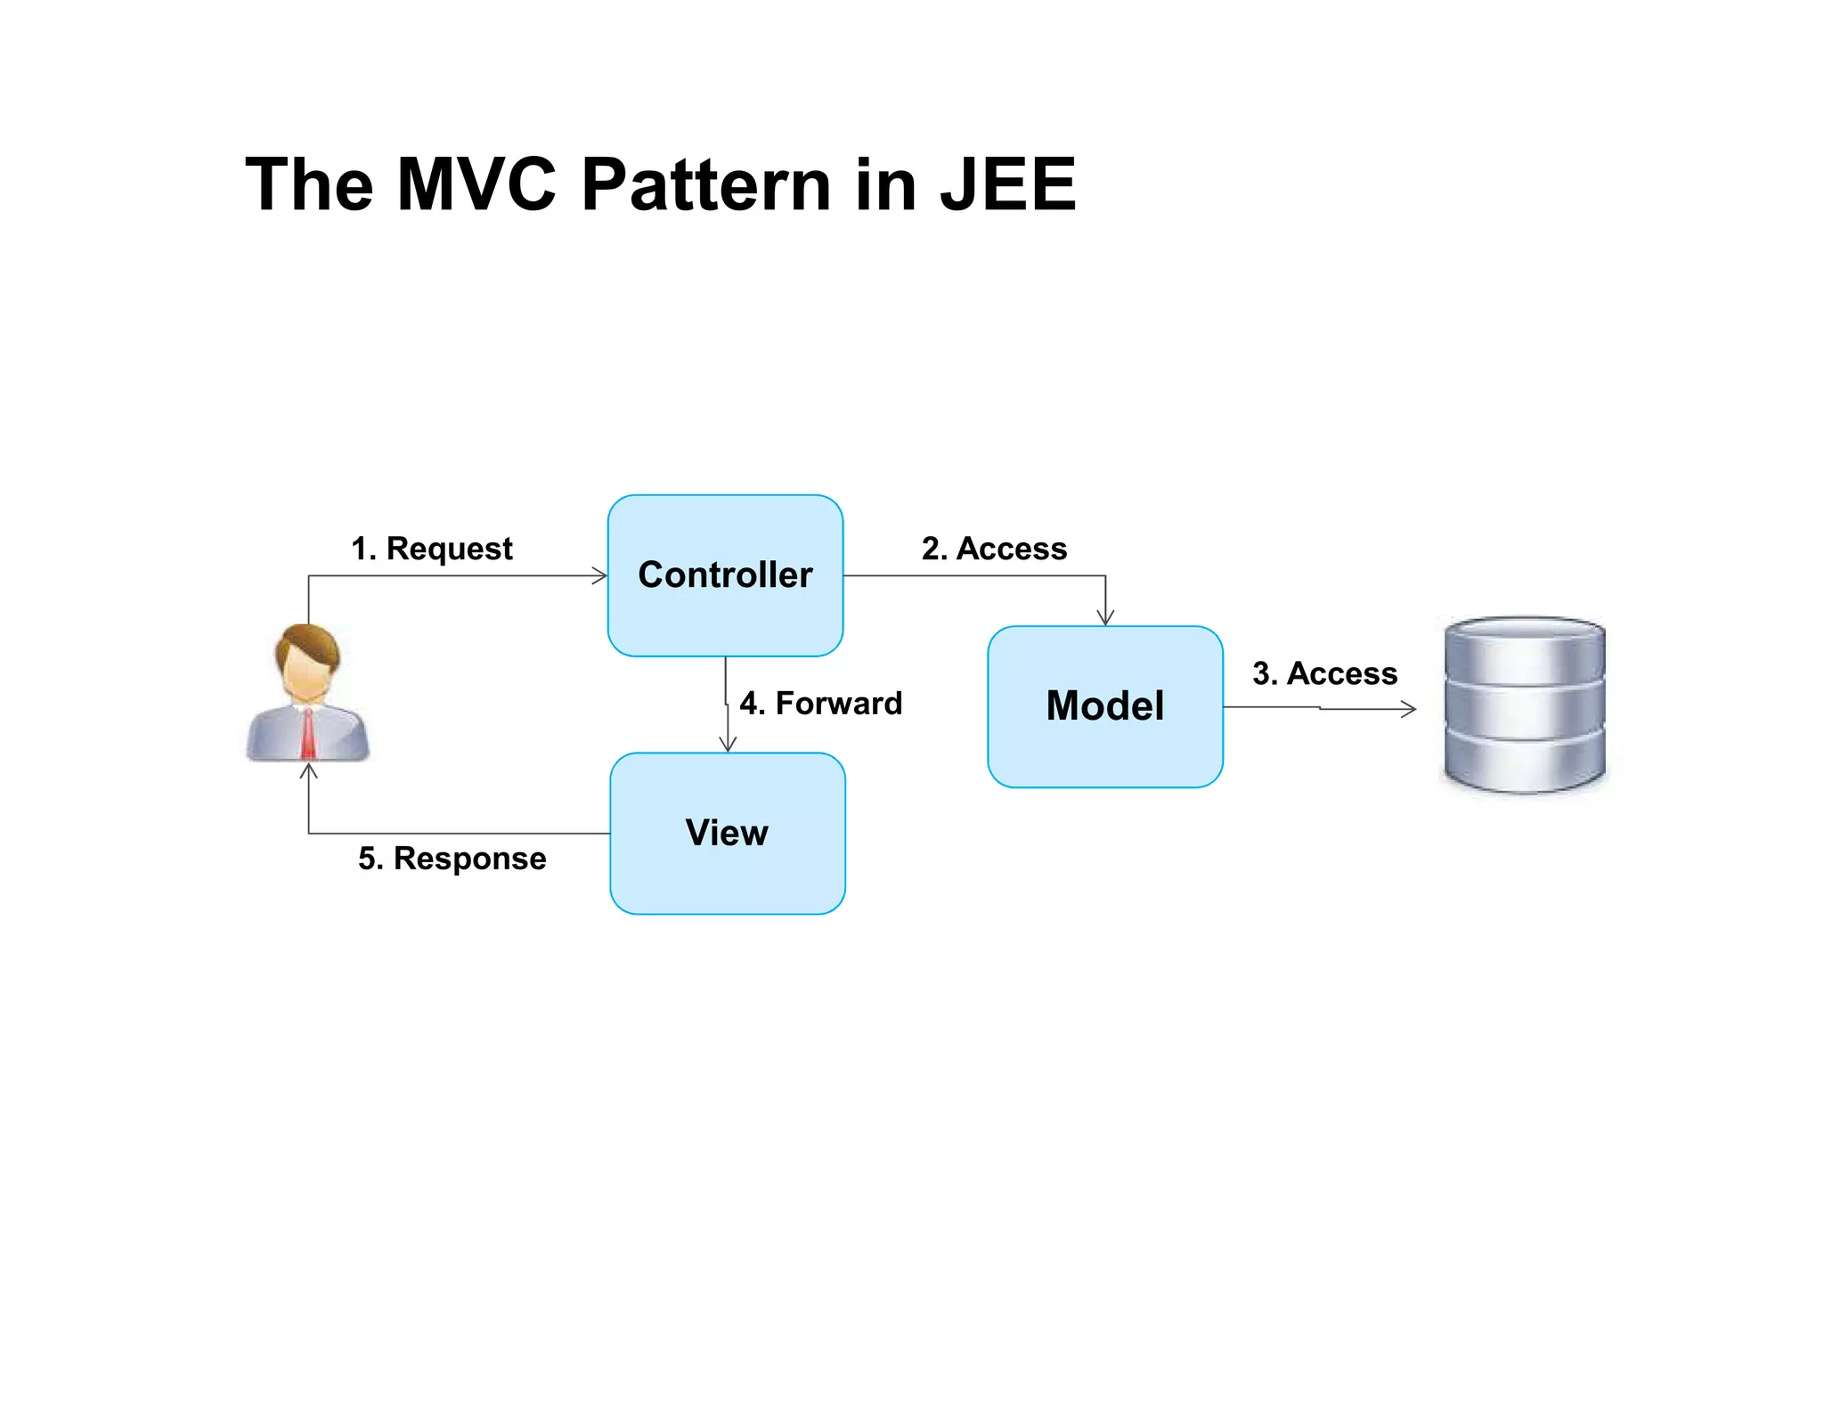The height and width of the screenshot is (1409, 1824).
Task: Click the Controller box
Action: point(725,575)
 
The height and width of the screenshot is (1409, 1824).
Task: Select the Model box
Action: point(1104,706)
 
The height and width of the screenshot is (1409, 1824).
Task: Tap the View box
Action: point(727,833)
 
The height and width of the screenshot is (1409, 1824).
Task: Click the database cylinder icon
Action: point(1524,705)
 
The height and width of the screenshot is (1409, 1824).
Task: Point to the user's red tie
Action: point(308,734)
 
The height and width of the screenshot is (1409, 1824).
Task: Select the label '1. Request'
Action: point(432,549)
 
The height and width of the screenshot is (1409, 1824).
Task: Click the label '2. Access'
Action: point(994,549)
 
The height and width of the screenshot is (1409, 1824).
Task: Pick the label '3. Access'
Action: point(1324,673)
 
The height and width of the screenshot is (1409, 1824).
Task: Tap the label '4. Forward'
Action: point(820,704)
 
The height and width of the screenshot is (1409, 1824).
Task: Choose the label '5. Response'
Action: point(452,859)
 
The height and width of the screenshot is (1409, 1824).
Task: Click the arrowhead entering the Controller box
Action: point(600,575)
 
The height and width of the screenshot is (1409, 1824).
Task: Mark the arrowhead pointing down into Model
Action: point(1105,618)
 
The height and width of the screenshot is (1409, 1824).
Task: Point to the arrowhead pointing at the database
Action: point(1408,709)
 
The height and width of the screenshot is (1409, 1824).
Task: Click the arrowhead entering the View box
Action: point(728,745)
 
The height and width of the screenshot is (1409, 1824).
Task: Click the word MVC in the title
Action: point(476,184)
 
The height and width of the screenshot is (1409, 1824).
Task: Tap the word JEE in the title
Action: point(1008,184)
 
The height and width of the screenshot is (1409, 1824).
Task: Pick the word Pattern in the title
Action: point(706,184)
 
